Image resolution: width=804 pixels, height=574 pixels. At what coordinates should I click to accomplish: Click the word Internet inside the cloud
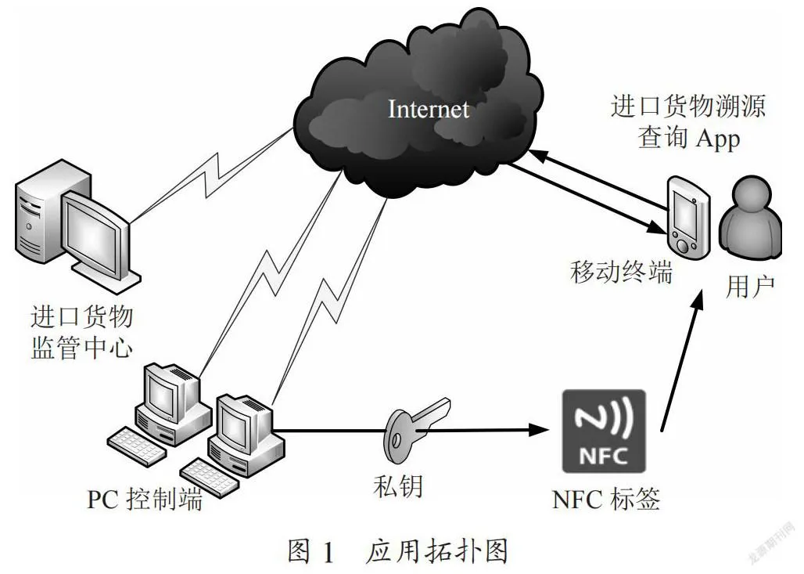coord(428,109)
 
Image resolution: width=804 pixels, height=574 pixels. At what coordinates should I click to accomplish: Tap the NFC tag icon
coord(604,431)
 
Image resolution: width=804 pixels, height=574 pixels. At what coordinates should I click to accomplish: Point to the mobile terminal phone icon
coord(688,215)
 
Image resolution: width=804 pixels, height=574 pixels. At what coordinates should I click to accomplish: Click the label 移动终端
coord(621,272)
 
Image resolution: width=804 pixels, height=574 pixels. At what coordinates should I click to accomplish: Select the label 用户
coord(750,286)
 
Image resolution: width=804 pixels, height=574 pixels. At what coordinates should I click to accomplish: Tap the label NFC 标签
coord(606,499)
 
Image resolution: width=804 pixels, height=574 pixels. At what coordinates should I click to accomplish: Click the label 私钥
coord(398,486)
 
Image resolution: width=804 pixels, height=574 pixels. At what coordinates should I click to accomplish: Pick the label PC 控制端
coord(145,499)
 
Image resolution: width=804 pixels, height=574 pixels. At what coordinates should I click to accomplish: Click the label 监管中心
coord(82,348)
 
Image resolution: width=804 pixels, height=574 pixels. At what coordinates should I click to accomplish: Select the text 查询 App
coord(688,138)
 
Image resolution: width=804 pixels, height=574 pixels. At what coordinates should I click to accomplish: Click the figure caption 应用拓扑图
coord(436,551)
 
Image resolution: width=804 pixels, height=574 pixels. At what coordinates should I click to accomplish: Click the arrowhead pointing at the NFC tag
coord(539,430)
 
